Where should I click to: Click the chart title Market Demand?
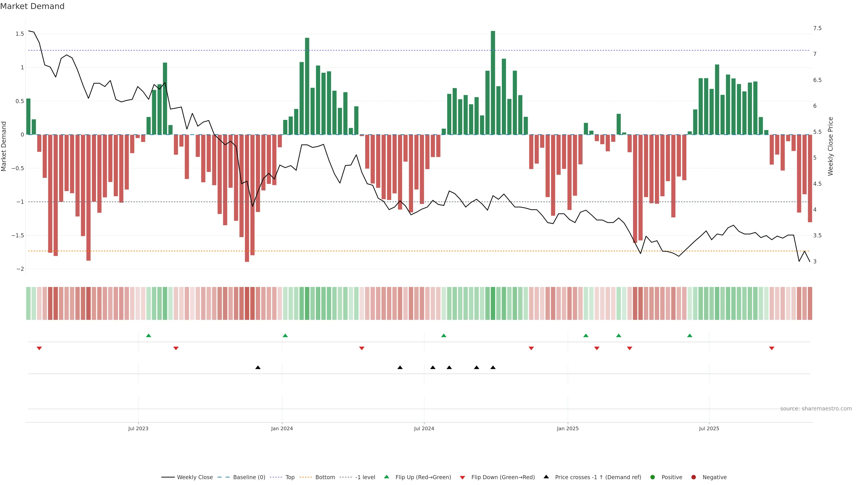click(x=32, y=6)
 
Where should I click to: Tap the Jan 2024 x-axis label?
click(x=282, y=428)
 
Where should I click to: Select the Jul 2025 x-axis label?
click(x=709, y=428)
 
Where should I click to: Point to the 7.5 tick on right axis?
click(x=817, y=28)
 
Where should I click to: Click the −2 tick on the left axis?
click(x=20, y=269)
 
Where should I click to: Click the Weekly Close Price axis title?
click(x=830, y=146)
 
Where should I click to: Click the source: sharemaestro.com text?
click(x=816, y=408)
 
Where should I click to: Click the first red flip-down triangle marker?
click(x=39, y=348)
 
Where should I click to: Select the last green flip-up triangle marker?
click(x=690, y=335)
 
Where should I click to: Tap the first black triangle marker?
click(x=258, y=368)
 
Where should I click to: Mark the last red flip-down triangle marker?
click(x=772, y=348)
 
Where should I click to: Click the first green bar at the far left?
click(x=29, y=117)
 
